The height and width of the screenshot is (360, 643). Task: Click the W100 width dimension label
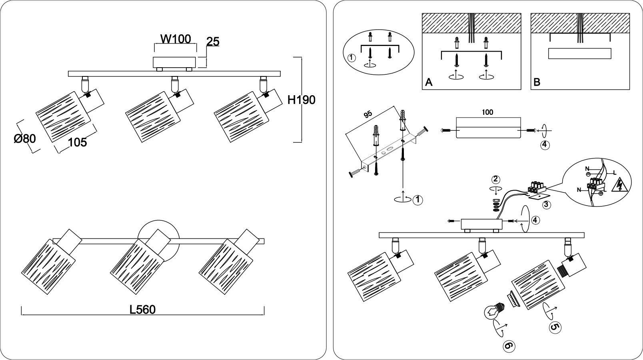pos(176,39)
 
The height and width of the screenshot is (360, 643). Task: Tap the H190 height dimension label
pos(302,100)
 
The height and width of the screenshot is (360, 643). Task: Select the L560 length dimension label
pos(143,310)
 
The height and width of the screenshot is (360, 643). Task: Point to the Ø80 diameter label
pos(25,139)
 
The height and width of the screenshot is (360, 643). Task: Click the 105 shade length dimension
pos(78,142)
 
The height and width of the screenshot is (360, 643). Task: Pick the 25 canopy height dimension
pos(213,42)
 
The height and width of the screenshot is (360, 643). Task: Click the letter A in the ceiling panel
pos(429,82)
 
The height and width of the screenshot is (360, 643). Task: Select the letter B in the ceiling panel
pos(537,82)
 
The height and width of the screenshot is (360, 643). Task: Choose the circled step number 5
pos(555,328)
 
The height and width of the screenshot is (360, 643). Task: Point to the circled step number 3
pos(547,205)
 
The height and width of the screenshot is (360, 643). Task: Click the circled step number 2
pos(495,180)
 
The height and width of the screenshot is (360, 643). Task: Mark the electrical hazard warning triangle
pos(619,186)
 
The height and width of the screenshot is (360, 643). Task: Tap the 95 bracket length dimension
pos(368,114)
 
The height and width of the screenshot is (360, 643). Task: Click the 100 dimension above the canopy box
pos(487,112)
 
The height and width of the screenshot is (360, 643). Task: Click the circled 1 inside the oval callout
pos(351,58)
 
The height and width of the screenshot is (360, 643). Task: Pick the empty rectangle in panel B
pos(579,53)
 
